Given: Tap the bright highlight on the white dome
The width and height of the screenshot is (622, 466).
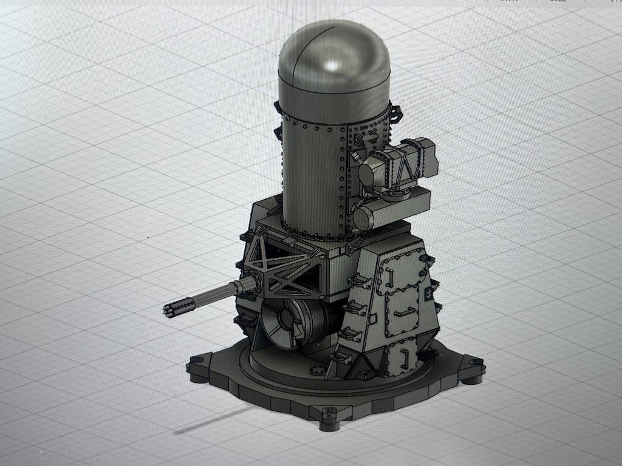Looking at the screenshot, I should [332, 65].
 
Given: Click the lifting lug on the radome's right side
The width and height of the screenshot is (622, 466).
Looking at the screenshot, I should [395, 113].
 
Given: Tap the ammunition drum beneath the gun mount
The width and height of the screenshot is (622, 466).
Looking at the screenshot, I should [290, 325].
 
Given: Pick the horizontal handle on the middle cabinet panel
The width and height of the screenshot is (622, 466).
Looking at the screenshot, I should [405, 313].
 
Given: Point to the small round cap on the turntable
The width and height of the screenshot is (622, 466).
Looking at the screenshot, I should [316, 370].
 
